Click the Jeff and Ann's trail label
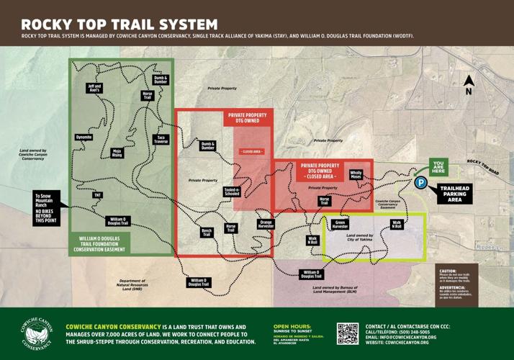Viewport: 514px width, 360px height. pos(94,88)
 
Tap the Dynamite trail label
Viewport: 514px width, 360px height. pos(84,137)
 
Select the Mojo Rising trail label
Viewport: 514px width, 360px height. pos(117,153)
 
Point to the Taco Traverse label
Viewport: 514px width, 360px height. pos(161,139)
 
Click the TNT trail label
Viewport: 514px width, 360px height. pos(97,194)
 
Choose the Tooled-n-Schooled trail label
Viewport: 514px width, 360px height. pos(232,191)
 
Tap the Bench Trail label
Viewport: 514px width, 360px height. pos(207,233)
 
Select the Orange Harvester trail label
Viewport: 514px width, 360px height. pos(266,223)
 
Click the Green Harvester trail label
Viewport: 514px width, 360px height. pos(341,225)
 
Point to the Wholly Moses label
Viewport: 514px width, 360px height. pos(356,174)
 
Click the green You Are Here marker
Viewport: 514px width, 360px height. pos(438,168)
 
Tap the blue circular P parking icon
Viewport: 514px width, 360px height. pos(420,183)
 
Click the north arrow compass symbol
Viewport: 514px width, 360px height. pos(469,85)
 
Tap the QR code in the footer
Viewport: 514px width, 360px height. pos(348,334)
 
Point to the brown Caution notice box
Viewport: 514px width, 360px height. pos(456,283)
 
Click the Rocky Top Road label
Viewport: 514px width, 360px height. pos(482,166)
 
